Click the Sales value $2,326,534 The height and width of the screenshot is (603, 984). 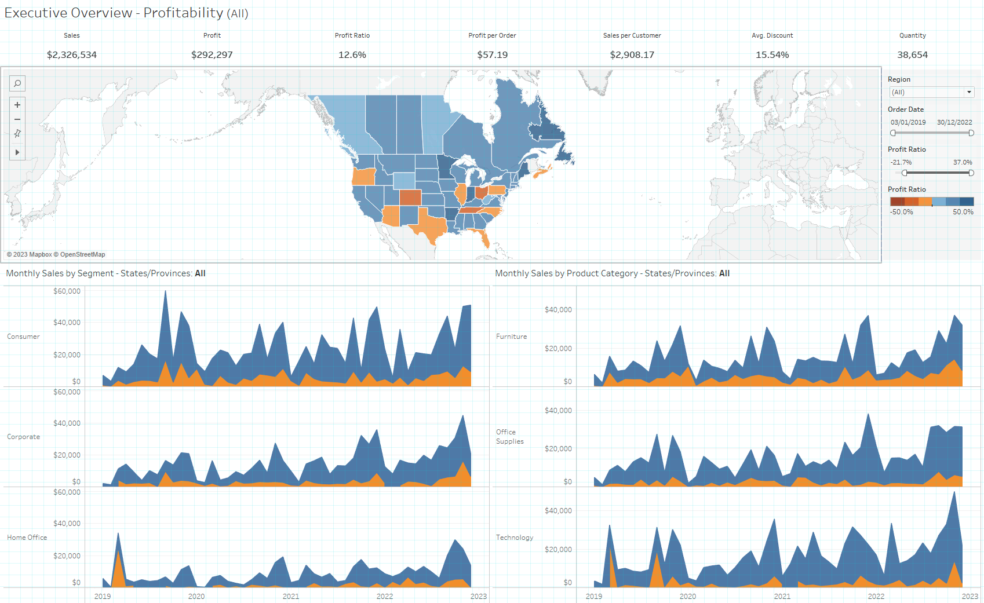(x=72, y=55)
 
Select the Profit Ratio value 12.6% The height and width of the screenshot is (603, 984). (x=352, y=55)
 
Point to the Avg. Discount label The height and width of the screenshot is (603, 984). (x=772, y=35)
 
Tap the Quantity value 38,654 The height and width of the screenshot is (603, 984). (x=912, y=55)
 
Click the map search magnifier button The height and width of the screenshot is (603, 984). (x=17, y=83)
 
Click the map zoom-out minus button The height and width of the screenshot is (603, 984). (x=17, y=119)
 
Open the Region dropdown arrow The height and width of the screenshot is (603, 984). (x=968, y=92)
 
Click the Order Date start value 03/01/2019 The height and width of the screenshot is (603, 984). (x=908, y=122)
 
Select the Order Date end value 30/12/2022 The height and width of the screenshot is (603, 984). (x=954, y=122)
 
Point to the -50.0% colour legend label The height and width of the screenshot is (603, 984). (x=901, y=212)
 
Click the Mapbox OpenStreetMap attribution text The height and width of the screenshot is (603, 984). (x=56, y=254)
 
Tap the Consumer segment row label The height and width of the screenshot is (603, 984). (x=23, y=337)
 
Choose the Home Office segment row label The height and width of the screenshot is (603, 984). (x=27, y=538)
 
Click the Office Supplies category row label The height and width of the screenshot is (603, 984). (x=509, y=437)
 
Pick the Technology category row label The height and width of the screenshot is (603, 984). (x=514, y=538)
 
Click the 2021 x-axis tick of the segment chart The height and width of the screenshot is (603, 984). (x=291, y=596)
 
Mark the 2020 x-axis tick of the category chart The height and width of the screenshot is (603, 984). (x=688, y=596)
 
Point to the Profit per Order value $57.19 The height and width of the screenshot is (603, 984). (x=492, y=55)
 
